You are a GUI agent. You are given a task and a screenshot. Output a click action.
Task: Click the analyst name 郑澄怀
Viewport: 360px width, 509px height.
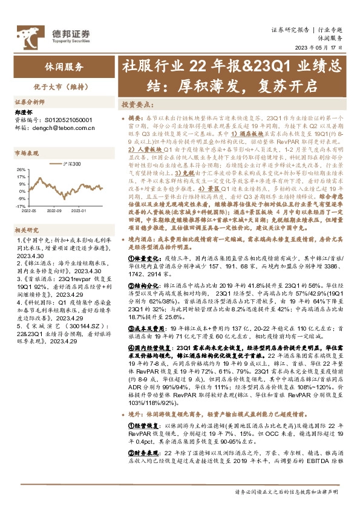click(23, 113)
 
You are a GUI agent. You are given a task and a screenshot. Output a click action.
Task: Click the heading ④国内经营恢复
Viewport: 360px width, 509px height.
click(149, 348)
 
